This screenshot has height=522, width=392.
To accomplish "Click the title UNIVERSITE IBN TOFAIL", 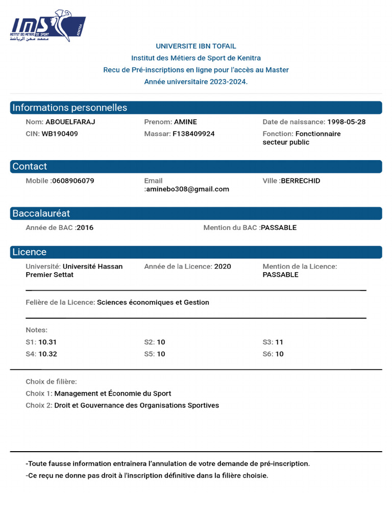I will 195,46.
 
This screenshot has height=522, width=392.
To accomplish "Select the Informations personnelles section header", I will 69,108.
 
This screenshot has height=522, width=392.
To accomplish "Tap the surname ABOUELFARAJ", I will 70,122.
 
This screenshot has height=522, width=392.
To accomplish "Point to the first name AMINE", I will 185,122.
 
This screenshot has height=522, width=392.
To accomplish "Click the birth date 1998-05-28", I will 346,122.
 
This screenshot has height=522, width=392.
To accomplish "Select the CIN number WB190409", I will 60,134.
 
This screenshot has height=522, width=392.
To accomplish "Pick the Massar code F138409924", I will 193,134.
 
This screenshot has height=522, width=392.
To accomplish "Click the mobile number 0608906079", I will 73,181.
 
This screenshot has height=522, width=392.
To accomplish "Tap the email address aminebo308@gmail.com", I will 188,189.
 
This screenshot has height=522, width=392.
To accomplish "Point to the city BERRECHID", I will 301,181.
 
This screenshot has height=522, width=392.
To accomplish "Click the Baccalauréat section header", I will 41,214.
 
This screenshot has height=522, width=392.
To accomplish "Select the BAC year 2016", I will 85,228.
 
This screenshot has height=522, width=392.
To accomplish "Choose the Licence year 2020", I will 223,267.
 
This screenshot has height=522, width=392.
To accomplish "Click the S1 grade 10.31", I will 47,342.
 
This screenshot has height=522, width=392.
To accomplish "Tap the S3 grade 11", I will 279,342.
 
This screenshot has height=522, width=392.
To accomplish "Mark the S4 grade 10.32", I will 47,354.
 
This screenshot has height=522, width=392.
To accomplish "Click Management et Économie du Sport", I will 113,394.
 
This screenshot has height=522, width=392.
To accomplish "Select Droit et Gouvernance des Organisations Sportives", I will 136,405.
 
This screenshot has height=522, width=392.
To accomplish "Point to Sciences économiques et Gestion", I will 153,302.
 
